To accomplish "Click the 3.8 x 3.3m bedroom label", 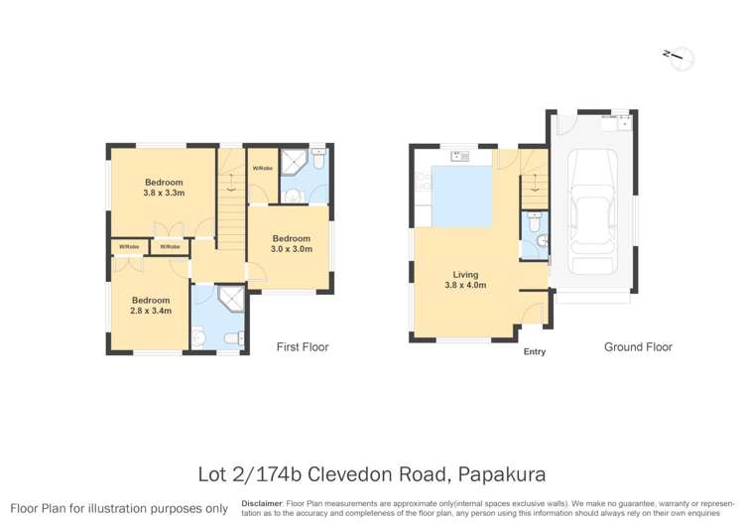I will coord(164,188).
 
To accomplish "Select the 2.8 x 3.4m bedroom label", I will coord(151,305).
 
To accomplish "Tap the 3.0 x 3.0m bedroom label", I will coord(292,243).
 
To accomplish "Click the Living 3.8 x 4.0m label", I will coord(465,280).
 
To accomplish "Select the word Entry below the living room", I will coord(534,351).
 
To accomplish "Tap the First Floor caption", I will coord(303,347).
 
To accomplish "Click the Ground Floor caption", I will coord(638,347).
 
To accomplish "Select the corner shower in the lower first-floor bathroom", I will coord(230,300).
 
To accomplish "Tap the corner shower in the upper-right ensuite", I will coord(295,162).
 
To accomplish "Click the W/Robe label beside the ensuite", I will coord(263,168).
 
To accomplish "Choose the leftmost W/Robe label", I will coord(128,246).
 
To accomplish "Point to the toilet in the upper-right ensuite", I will coord(317,159).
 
